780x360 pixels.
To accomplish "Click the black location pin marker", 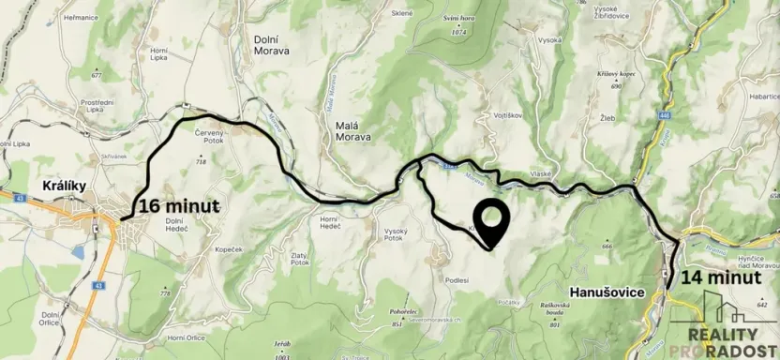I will pos(491,223).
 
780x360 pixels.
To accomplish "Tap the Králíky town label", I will pos(65,186).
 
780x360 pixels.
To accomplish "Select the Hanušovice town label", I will pos(607,292).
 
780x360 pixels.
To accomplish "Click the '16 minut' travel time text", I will pos(178,206).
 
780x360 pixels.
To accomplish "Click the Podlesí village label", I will pos(457,279).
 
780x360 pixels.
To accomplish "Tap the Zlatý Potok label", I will pos(326,262).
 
